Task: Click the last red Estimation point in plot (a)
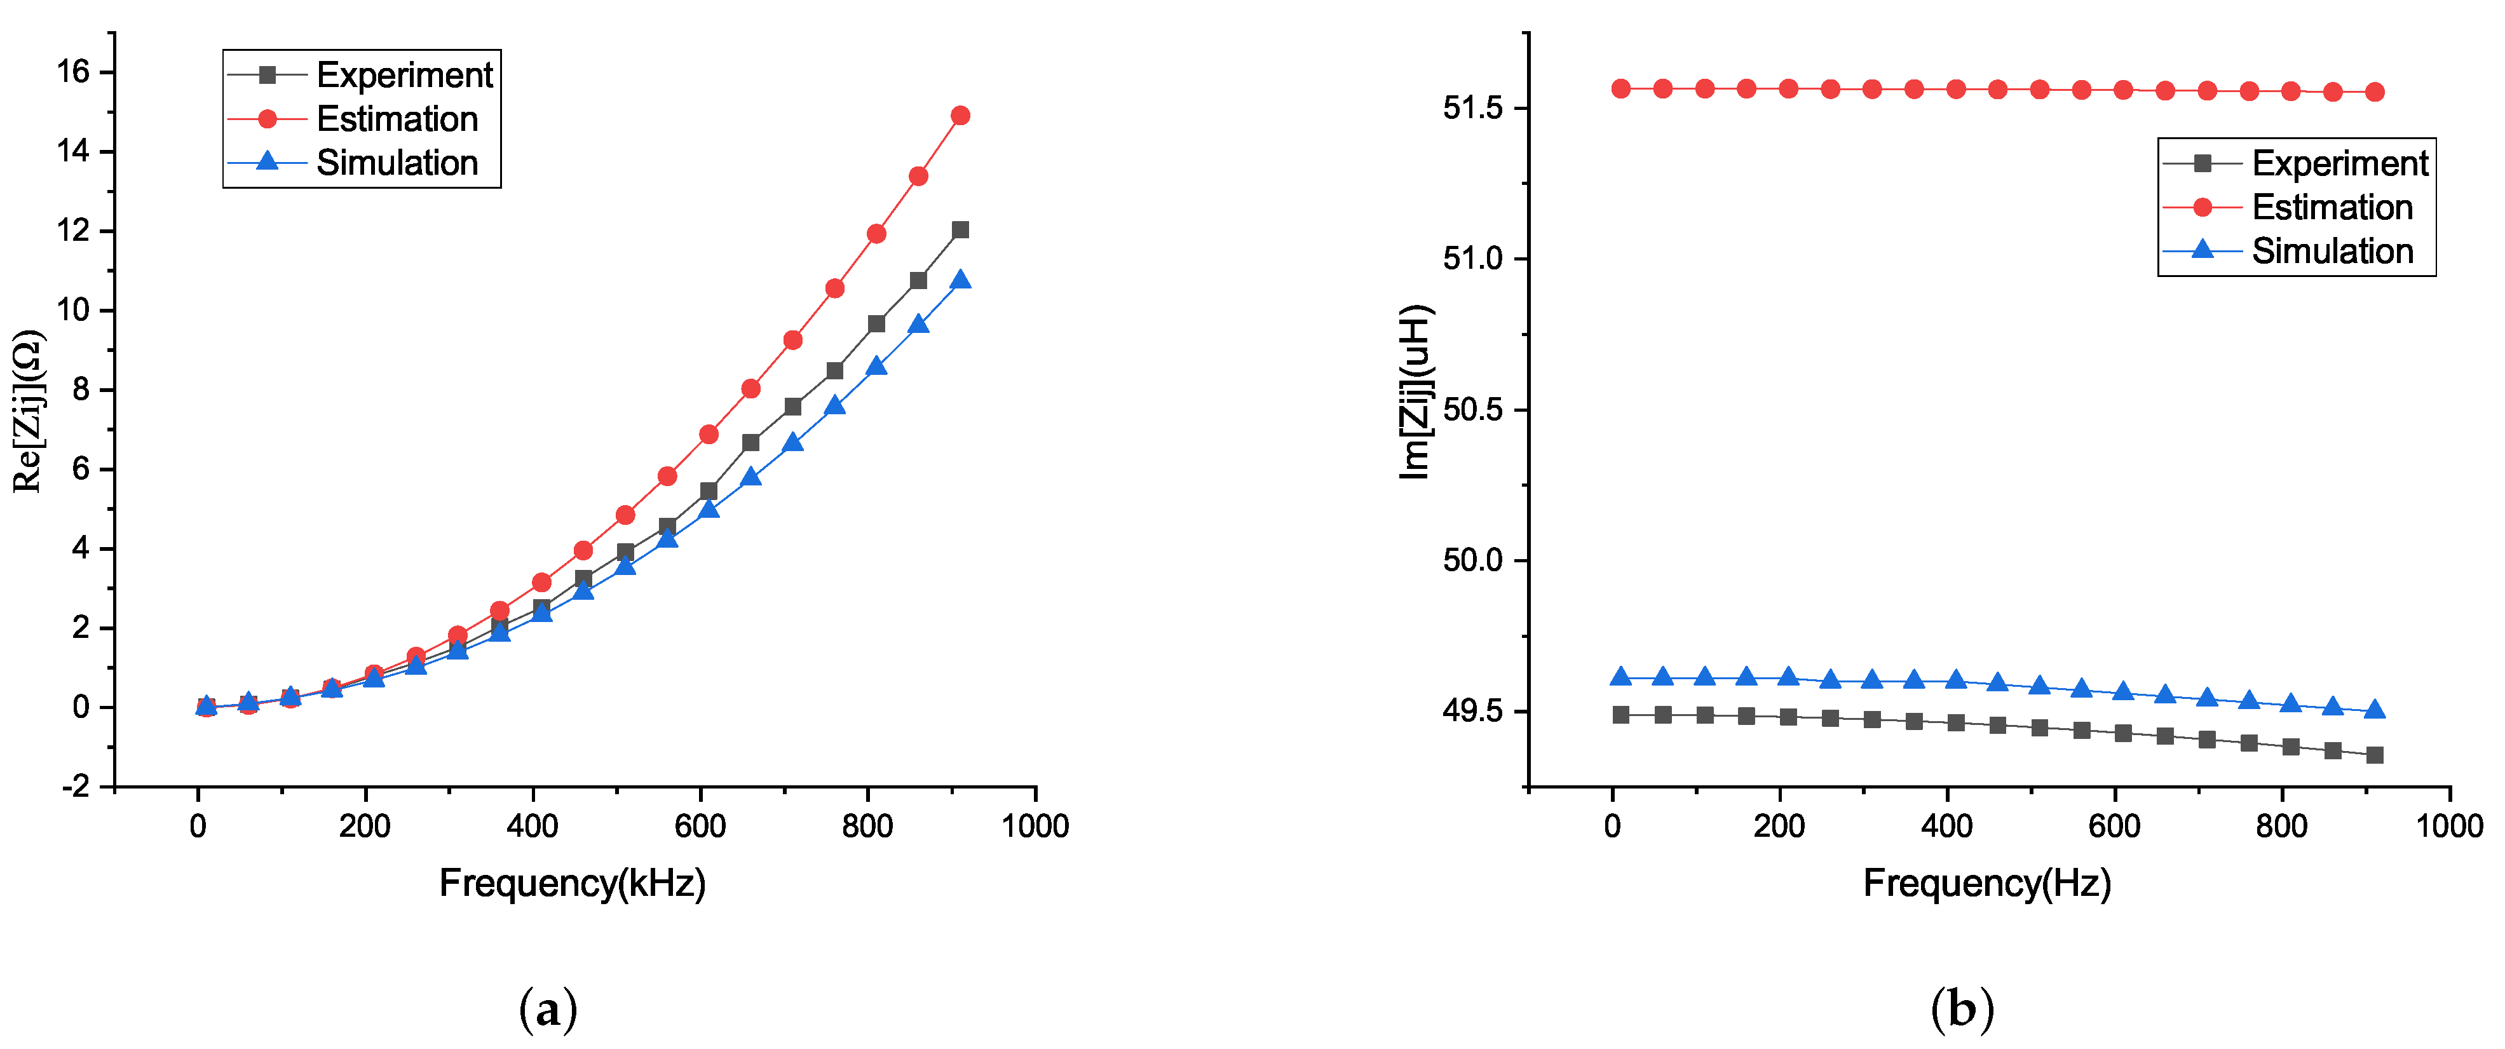(x=960, y=116)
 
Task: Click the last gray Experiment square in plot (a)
(x=960, y=229)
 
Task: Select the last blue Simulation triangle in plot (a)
(x=960, y=280)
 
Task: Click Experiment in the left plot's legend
(x=405, y=75)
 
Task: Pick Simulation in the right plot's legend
(x=2332, y=251)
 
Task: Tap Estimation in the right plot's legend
(x=2332, y=207)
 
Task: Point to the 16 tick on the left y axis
(x=73, y=71)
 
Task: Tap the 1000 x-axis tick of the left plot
(x=1035, y=827)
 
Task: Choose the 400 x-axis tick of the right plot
(x=1947, y=827)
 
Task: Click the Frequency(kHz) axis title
(x=572, y=883)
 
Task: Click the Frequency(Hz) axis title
(x=1986, y=883)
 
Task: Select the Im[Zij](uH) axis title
(x=1415, y=392)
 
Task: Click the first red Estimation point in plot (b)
(x=1620, y=88)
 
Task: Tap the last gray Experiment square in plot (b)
(x=2373, y=754)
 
